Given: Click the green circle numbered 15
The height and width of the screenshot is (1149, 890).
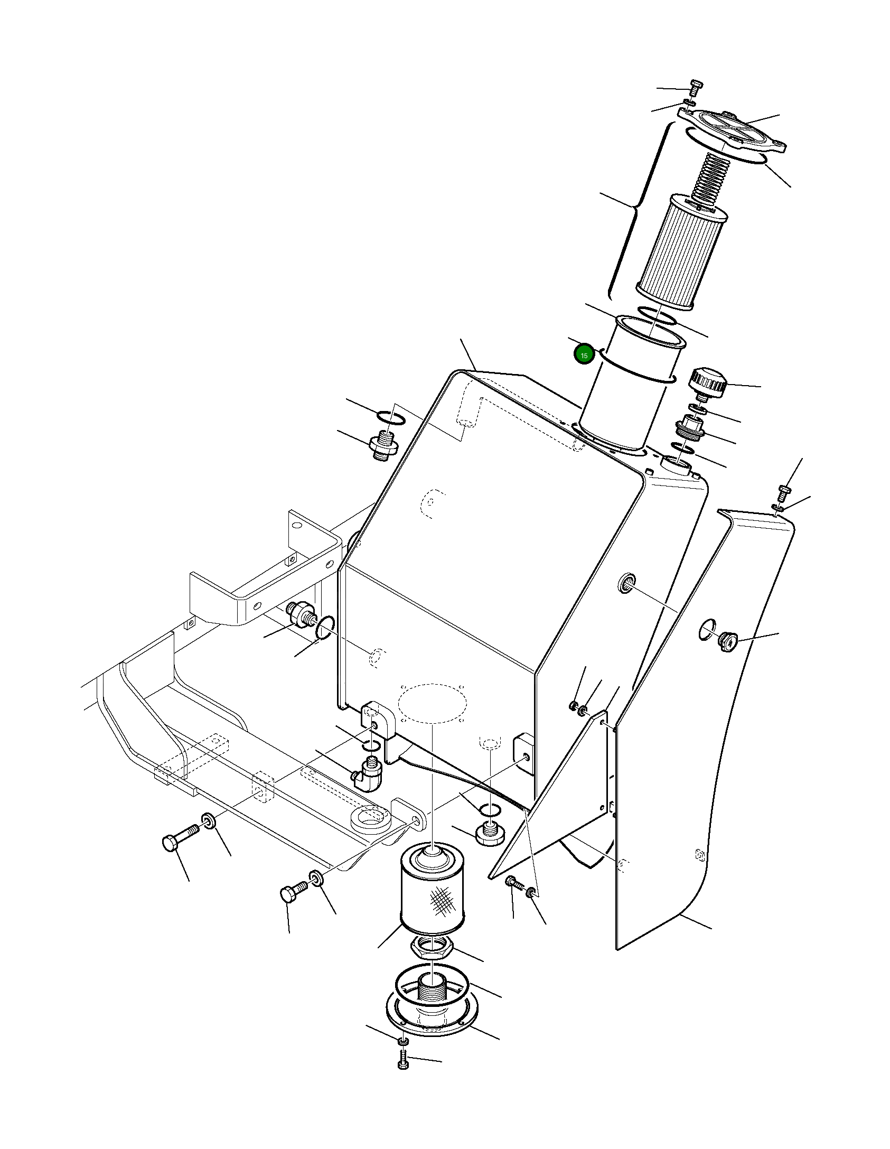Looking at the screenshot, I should click(584, 355).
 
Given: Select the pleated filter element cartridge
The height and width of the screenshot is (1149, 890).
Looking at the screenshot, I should click(681, 254).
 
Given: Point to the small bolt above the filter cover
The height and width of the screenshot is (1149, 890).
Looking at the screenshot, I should click(696, 86).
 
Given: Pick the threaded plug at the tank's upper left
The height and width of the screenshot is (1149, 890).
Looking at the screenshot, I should click(383, 445).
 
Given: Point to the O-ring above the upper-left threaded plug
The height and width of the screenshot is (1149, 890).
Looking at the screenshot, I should click(392, 418).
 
